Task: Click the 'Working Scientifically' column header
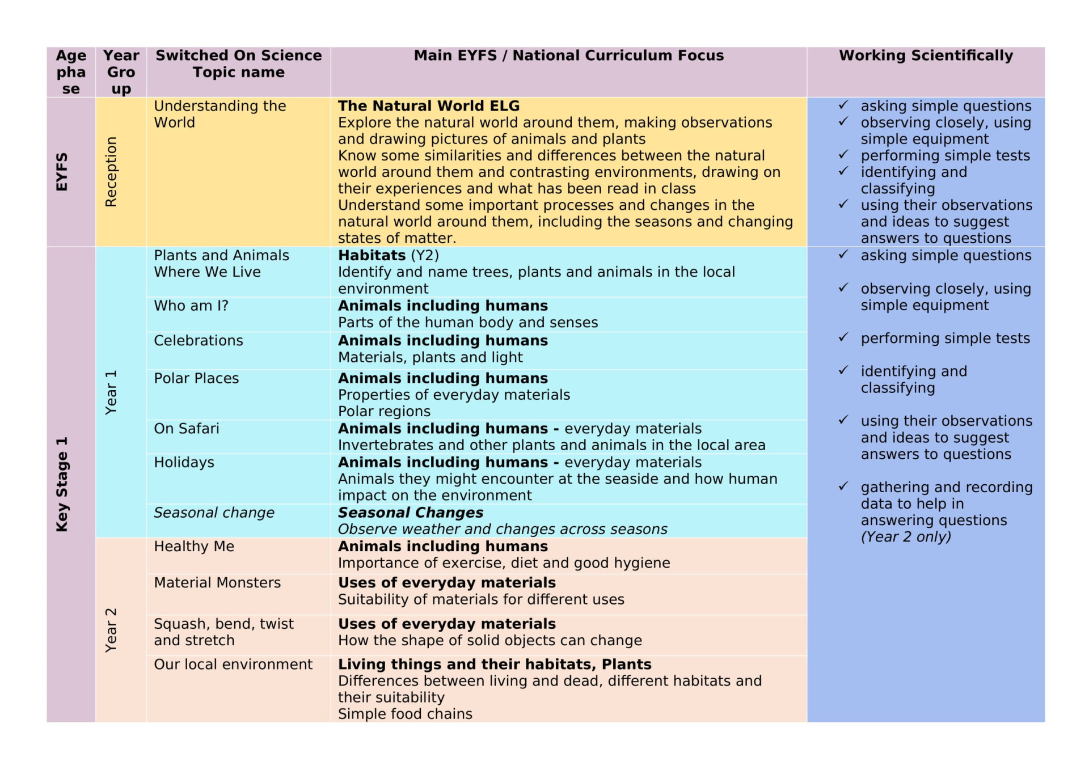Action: point(926,56)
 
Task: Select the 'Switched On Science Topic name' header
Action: point(238,64)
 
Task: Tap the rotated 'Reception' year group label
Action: point(111,172)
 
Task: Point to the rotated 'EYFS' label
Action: point(62,172)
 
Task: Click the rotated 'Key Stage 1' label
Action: point(62,484)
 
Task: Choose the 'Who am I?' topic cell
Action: point(191,306)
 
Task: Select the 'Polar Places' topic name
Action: point(196,378)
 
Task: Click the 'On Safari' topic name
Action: point(187,429)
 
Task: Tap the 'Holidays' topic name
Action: point(184,463)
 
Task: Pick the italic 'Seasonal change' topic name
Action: point(214,513)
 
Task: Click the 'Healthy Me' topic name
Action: point(194,547)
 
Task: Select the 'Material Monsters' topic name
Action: point(217,583)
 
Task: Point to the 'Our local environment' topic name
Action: point(233,665)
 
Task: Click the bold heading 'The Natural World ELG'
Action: point(429,106)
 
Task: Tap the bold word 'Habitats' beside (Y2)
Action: point(372,256)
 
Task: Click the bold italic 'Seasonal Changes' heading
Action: point(411,513)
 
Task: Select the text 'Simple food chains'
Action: point(405,714)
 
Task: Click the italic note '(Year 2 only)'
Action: point(906,537)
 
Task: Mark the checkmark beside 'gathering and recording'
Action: point(843,486)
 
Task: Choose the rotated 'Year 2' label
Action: point(111,630)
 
